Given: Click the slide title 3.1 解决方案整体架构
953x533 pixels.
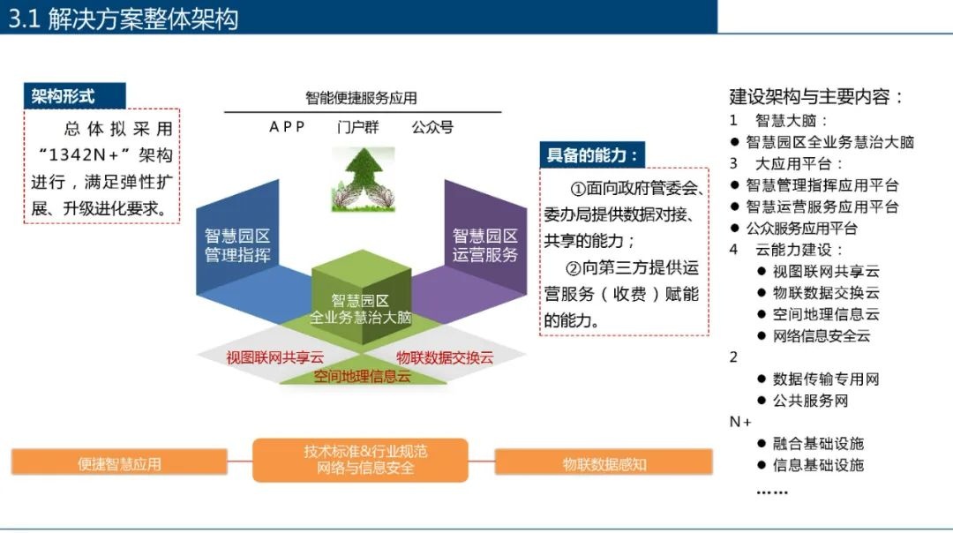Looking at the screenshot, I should pos(124,19).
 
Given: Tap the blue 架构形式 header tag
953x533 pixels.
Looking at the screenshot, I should pos(64,95).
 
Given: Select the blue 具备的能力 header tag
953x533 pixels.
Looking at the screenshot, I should pos(591,155).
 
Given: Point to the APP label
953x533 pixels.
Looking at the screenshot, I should pos(288,127).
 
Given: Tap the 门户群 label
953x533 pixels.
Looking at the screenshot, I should pos(357,127).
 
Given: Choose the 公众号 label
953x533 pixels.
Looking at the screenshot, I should pos(432,127).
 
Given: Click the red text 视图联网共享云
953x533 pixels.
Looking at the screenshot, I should pos(275,357).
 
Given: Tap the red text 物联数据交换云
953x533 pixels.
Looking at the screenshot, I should pos(445,357).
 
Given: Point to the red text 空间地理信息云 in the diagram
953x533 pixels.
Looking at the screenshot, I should pos(363,377).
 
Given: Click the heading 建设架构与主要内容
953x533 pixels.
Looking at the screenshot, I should pos(817,97).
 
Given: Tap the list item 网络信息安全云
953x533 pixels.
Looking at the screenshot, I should pos(822,335).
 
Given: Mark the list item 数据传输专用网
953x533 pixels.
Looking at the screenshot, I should pos(826,379).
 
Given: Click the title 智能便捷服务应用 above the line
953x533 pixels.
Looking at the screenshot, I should pos(362,98).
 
